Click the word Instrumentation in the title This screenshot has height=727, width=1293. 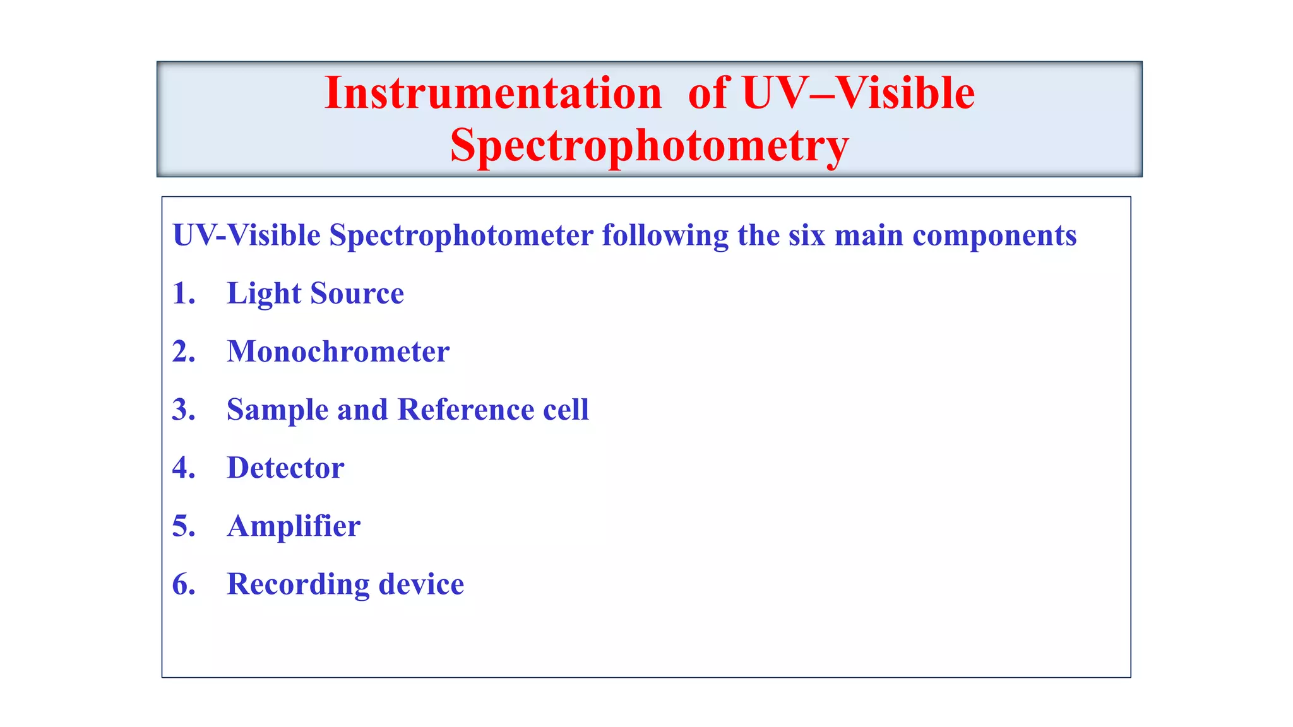pos(493,93)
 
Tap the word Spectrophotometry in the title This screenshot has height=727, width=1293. pos(649,146)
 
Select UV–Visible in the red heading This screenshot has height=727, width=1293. pos(858,93)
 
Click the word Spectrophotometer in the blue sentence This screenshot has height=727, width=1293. pos(461,235)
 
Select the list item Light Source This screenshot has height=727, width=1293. pos(315,293)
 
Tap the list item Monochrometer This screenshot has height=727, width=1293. pos(338,352)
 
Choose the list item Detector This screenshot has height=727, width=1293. pos(285,468)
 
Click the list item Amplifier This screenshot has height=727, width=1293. pos(294,526)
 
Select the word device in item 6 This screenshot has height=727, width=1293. pos(421,584)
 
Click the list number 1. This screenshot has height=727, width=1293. pos(183,293)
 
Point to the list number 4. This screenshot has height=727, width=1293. pos(183,468)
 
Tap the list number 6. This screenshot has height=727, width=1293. pos(183,584)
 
